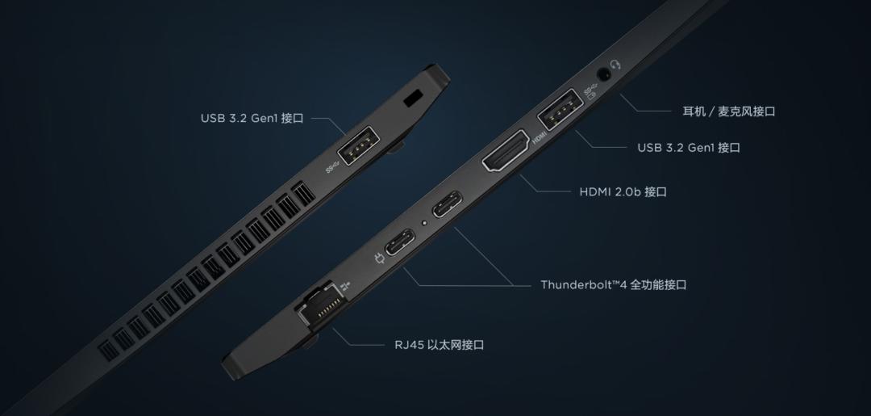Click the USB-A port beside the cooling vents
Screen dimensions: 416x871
tap(356, 151)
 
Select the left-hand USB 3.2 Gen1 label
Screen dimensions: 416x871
tap(252, 119)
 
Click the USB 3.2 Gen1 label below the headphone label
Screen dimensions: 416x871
tap(688, 148)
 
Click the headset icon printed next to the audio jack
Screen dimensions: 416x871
tap(617, 64)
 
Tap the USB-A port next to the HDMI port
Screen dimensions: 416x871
tap(558, 111)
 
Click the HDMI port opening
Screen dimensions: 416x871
tap(506, 153)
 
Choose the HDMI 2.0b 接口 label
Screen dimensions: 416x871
tap(623, 192)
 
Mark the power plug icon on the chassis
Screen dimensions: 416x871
tap(379, 259)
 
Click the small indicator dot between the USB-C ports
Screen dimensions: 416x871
tap(424, 223)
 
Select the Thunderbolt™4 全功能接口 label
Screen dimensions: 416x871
tap(613, 285)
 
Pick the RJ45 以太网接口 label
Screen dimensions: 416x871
tap(433, 345)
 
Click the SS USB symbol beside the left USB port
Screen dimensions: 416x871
tap(334, 168)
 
